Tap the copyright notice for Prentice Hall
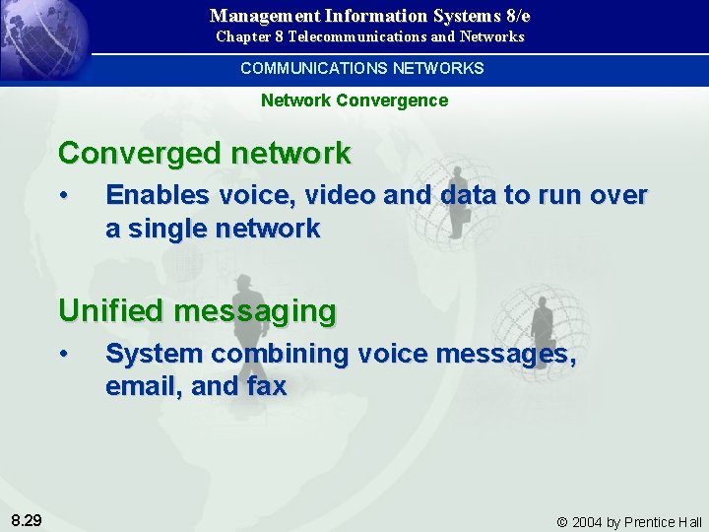[629, 521]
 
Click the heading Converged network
[204, 154]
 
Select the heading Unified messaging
[197, 311]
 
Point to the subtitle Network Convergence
[354, 100]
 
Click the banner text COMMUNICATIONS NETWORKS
[361, 68]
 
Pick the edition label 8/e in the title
[515, 16]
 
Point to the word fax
[266, 386]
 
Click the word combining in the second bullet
[284, 354]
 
